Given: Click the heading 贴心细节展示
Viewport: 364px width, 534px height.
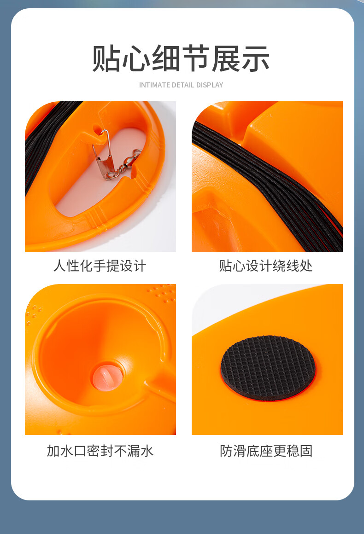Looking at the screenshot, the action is coord(181,58).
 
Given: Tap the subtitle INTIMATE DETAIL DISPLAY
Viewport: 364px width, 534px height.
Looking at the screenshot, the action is coord(181,85).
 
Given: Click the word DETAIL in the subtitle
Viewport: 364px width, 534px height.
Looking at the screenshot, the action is coord(183,85).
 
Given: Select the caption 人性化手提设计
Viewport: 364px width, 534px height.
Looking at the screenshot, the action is coord(100,266).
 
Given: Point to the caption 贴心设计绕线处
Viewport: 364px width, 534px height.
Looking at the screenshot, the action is coord(266,266).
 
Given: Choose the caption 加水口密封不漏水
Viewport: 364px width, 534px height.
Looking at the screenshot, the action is coord(100,451).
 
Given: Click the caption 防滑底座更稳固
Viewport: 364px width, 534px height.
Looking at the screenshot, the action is coord(266,451).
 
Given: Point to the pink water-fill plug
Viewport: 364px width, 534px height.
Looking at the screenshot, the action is coord(107,377).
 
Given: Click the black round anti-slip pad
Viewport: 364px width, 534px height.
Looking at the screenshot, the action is coord(268,368).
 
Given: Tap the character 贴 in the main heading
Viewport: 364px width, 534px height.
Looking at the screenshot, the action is coord(106,58).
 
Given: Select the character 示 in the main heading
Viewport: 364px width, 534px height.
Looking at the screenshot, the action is coord(256,58).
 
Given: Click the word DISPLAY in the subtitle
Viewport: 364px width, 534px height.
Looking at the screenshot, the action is coord(210,85).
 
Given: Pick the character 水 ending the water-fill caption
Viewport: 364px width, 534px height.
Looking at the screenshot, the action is coord(147,451).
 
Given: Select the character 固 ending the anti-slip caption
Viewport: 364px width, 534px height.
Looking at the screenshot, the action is coord(306,451).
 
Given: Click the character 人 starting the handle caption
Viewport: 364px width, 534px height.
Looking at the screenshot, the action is coord(59,266).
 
